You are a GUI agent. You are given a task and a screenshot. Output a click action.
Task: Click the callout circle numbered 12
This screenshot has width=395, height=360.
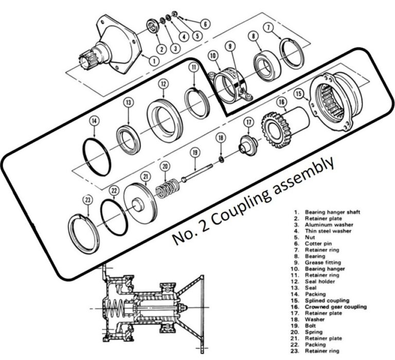pyautogui.click(x=163, y=83)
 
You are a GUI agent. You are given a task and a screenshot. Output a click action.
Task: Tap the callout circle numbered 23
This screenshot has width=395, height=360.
pyautogui.click(x=88, y=200)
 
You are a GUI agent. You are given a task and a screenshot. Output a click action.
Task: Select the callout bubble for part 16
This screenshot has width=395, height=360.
pyautogui.click(x=281, y=102)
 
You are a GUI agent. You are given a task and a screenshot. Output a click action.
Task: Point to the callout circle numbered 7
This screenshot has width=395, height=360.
pyautogui.click(x=282, y=27)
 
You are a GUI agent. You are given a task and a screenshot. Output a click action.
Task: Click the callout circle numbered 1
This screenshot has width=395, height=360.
pyautogui.click(x=153, y=61)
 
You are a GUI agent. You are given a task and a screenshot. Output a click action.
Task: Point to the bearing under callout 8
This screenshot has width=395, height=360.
pyautogui.click(x=266, y=64)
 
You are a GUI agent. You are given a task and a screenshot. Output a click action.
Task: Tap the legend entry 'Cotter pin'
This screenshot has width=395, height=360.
pyautogui.click(x=319, y=243)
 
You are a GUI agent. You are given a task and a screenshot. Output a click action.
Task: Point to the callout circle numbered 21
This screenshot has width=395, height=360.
pyautogui.click(x=146, y=177)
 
